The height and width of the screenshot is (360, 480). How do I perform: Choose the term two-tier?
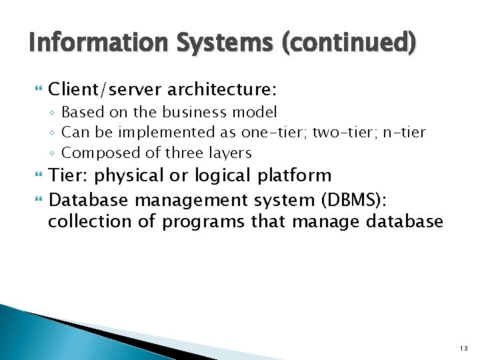click(341, 132)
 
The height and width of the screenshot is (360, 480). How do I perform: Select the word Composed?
click(96, 153)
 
